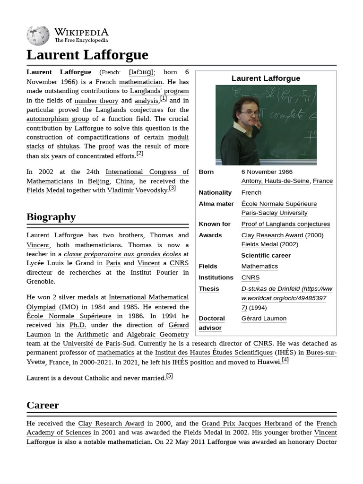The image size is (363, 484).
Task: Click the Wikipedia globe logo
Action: click(38, 35)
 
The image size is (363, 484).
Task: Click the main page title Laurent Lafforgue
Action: click(87, 55)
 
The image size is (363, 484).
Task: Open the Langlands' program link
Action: click(159, 91)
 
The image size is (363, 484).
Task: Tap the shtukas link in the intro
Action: click(68, 146)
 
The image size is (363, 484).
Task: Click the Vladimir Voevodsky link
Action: click(137, 190)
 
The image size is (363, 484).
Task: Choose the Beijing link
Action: click(99, 181)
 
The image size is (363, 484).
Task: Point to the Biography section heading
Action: click(51, 217)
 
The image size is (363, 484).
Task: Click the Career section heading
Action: click(43, 405)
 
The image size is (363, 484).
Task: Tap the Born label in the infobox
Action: click(206, 172)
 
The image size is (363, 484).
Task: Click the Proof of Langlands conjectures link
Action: click(285, 224)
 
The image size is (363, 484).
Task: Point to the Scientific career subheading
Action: click(266, 255)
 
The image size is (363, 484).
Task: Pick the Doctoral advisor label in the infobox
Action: click(211, 323)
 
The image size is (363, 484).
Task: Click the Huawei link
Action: click(268, 362)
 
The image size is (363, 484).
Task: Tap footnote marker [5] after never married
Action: click(169, 376)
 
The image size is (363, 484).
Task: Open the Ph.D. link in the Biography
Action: click(78, 325)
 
